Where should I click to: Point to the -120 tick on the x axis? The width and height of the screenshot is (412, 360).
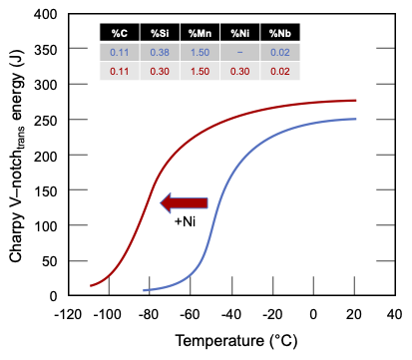(67, 313)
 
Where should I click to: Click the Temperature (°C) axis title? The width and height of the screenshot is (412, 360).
(231, 341)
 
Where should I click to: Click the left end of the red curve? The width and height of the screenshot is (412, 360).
(91, 286)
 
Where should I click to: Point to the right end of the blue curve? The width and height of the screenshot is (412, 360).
(355, 119)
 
